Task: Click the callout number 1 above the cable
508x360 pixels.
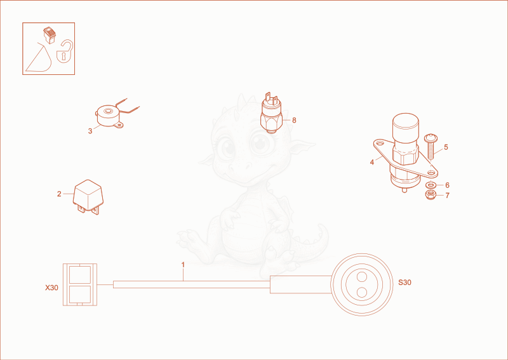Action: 183,265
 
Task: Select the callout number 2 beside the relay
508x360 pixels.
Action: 59,194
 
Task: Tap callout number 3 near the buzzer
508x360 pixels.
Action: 90,131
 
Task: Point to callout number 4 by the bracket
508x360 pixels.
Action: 372,162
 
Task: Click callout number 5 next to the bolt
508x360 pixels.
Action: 446,147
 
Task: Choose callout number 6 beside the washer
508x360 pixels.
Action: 447,185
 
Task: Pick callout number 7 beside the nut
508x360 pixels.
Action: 447,196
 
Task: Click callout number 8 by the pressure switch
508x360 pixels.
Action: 294,120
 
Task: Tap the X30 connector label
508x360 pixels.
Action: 51,288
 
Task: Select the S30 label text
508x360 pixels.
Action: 404,283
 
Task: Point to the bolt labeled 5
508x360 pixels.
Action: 431,146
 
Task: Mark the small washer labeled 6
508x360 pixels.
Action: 431,185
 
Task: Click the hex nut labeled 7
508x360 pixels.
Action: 431,195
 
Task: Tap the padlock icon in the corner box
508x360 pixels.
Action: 65,51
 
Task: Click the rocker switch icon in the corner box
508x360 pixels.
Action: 50,35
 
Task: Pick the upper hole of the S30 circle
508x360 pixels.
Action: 361,277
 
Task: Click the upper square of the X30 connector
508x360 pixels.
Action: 80,275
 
